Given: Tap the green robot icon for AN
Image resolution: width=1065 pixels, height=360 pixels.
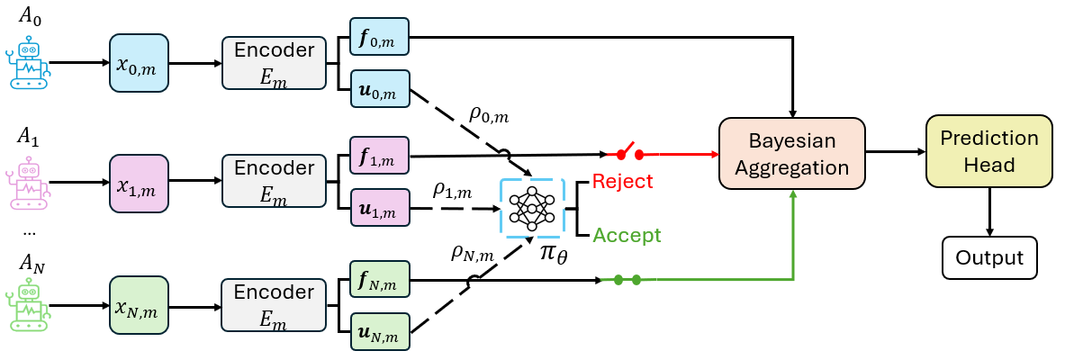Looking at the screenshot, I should click(31, 306).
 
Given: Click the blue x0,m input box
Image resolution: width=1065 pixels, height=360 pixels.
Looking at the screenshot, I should click(139, 63).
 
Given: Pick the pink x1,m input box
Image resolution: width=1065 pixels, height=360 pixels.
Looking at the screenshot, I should click(139, 183).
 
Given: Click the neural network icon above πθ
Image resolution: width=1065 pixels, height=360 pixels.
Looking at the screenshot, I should click(531, 208).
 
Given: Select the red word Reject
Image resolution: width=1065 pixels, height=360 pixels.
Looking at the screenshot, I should click(622, 182).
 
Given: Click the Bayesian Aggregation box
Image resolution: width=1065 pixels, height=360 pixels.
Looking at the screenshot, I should click(791, 155).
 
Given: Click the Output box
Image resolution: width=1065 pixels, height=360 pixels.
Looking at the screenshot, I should click(989, 257).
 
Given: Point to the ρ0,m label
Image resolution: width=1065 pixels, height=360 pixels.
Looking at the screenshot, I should click(489, 114).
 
